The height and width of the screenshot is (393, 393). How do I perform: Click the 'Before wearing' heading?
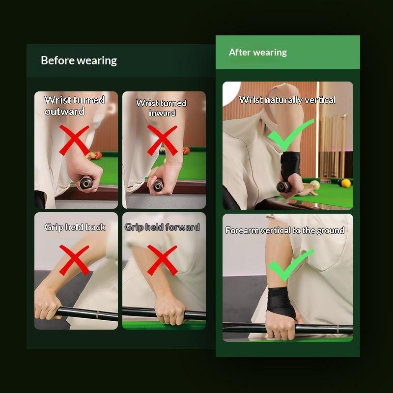[x=79, y=60]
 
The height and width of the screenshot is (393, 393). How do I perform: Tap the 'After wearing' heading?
[x=257, y=53]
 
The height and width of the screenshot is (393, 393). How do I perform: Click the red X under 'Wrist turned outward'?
[x=74, y=140]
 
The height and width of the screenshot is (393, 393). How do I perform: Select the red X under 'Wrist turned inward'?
[x=162, y=140]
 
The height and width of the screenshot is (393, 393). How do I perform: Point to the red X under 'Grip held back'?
[x=74, y=260]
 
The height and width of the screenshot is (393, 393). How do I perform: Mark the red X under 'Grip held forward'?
[x=162, y=260]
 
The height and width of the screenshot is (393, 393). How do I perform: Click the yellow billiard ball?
[x=346, y=183]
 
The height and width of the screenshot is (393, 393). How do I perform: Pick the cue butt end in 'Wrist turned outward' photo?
[x=86, y=182]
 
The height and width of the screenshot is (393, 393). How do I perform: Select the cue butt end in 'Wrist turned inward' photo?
[x=158, y=186]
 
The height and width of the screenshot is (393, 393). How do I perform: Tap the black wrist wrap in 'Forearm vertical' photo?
[x=281, y=302]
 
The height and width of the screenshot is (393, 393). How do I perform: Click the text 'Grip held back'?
[x=75, y=227]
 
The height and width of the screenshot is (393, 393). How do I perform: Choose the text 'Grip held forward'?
[x=162, y=227]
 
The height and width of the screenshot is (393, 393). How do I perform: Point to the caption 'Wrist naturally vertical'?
[x=287, y=100]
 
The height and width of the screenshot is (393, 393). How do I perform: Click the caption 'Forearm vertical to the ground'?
[x=285, y=230]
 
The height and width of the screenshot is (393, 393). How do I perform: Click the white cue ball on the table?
[x=315, y=185]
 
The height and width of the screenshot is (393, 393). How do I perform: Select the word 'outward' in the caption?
[x=64, y=112]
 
